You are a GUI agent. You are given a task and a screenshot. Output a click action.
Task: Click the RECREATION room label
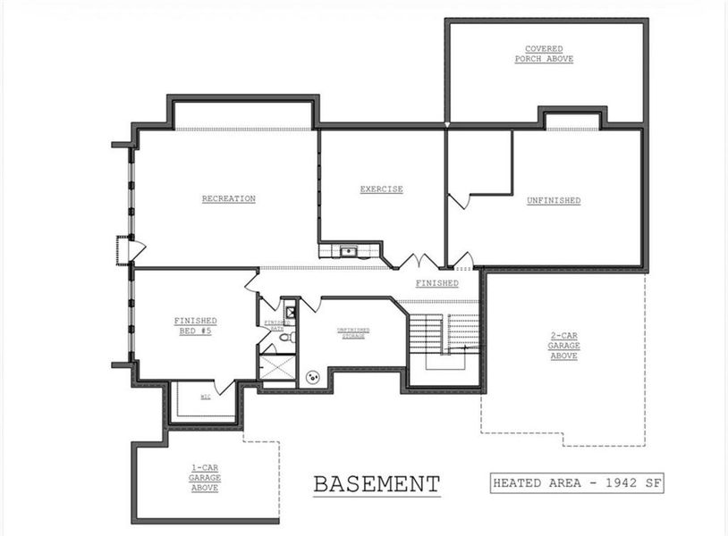(x=228, y=199)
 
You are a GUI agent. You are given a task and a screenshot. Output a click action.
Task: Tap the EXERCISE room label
(x=381, y=189)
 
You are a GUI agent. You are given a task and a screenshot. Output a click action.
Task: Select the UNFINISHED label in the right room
(x=554, y=201)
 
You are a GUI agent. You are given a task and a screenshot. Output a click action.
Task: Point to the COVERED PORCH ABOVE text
(x=544, y=54)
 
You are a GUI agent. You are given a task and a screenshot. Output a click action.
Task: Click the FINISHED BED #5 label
(x=195, y=325)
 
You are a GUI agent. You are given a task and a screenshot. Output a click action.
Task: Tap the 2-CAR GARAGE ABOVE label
(x=563, y=347)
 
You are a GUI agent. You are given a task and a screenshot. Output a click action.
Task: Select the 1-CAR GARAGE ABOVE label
(x=205, y=479)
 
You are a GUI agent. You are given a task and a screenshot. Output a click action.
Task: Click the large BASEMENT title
(x=377, y=485)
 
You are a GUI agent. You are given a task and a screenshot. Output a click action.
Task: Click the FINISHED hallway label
(x=436, y=284)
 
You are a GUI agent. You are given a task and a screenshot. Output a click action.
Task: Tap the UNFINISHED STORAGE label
(x=353, y=332)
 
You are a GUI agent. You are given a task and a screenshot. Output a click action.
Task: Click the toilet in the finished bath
(x=284, y=337)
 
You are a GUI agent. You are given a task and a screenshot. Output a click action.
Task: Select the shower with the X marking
(x=276, y=367)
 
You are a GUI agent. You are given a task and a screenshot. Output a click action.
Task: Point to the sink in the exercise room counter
(x=347, y=251)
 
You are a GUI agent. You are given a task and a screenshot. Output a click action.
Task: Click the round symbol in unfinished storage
(x=313, y=377)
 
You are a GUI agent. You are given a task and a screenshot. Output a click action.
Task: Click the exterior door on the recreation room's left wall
(x=125, y=249)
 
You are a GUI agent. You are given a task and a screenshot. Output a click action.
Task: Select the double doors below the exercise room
(x=419, y=262)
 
